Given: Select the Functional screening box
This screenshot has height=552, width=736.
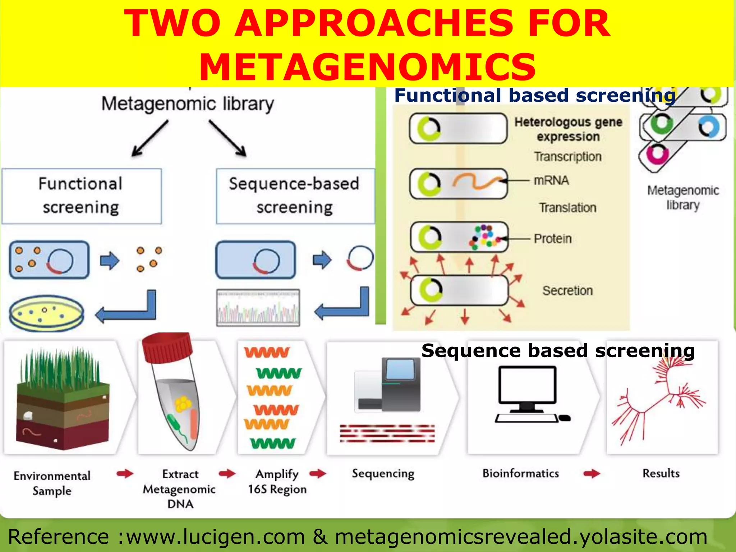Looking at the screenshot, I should click(82, 196).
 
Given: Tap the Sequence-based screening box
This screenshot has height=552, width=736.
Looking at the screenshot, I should click(295, 196).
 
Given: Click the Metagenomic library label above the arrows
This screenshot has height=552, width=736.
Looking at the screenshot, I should click(187, 104).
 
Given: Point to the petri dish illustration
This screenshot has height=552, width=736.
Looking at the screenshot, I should click(46, 313).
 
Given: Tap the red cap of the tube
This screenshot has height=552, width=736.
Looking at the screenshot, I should click(167, 347).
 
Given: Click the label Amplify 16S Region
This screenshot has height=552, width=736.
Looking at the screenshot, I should click(277, 482).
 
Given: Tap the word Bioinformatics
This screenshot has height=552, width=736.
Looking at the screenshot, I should click(520, 473).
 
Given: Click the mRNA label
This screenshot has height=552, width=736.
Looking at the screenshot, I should click(551, 180).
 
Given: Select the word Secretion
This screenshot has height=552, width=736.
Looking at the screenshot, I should click(567, 290).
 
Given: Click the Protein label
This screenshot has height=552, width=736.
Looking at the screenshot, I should click(552, 239).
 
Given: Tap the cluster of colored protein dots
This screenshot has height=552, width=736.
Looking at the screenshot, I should click(484, 237).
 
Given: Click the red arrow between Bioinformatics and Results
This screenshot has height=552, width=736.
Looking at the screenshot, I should click(592, 473).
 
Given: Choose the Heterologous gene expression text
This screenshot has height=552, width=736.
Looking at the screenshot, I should click(568, 129).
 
